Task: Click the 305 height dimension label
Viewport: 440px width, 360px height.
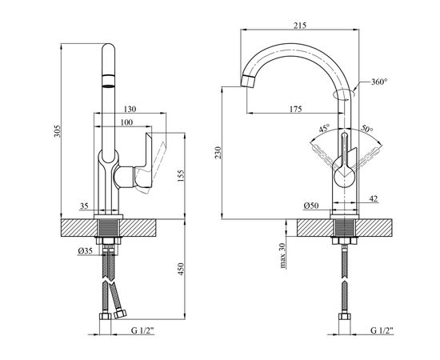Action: tap(58, 131)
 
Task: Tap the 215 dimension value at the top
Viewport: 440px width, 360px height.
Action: tap(300, 26)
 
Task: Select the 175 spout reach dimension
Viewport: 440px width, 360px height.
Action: tap(295, 109)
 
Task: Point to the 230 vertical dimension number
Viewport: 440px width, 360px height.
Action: tap(218, 152)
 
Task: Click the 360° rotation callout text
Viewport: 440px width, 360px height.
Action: tap(379, 82)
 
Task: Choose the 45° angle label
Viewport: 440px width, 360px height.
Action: tap(324, 129)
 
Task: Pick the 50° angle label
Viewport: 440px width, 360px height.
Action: tap(366, 128)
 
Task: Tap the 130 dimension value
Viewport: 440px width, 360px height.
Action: tap(130, 109)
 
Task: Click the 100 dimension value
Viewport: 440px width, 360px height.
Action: tap(126, 122)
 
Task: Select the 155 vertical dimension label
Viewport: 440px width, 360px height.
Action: tap(181, 176)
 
